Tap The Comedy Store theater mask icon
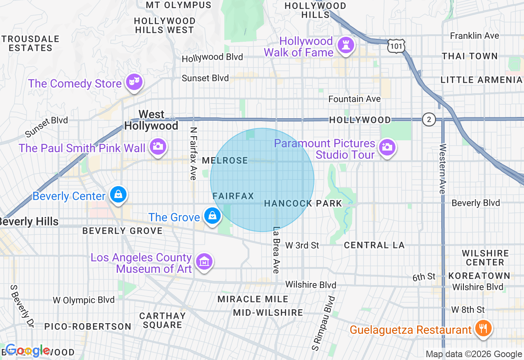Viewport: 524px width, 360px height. click(134, 82)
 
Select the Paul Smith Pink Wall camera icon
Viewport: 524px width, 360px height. click(158, 146)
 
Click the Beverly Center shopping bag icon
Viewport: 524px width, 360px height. click(118, 195)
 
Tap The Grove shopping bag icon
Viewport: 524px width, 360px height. click(212, 216)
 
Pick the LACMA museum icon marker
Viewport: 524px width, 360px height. click(203, 262)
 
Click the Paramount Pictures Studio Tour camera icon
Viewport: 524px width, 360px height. click(386, 147)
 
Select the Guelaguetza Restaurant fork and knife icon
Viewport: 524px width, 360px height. click(483, 328)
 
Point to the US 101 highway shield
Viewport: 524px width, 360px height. click(396, 46)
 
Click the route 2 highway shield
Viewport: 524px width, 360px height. click(429, 120)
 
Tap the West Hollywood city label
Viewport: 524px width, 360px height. click(151, 120)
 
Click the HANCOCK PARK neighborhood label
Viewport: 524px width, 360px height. click(303, 203)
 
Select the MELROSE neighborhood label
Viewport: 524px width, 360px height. click(225, 161)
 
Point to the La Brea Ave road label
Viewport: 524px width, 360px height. click(276, 250)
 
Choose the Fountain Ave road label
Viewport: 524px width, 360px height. click(355, 99)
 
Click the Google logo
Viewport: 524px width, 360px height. click(28, 351)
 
